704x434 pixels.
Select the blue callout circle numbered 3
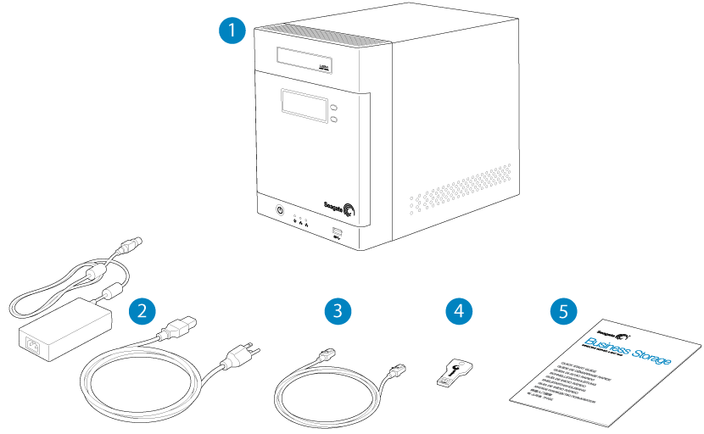(x=338, y=310)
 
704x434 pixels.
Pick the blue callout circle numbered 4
(x=459, y=310)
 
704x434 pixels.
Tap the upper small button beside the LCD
(x=335, y=108)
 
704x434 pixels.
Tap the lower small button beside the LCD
(x=335, y=121)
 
